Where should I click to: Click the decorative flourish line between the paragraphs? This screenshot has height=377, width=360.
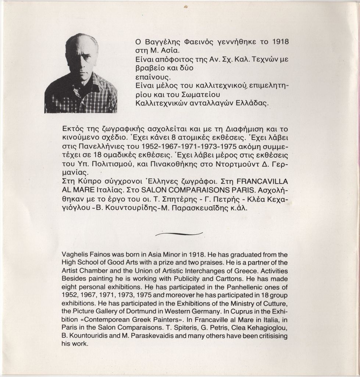pyautogui.click(x=179, y=234)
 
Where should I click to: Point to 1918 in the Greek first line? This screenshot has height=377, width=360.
pyautogui.click(x=280, y=42)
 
